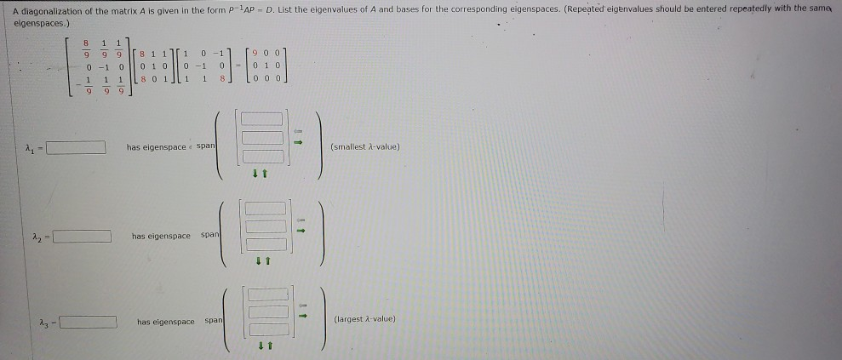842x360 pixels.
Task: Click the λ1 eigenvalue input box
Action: (x=76, y=147)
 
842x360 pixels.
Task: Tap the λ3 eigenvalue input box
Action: (x=89, y=322)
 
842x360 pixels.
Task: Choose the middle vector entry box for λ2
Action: (x=265, y=226)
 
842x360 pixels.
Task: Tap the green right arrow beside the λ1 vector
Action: (x=299, y=142)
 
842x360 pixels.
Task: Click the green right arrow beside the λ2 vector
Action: (x=299, y=227)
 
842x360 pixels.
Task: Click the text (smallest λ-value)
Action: (x=364, y=147)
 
